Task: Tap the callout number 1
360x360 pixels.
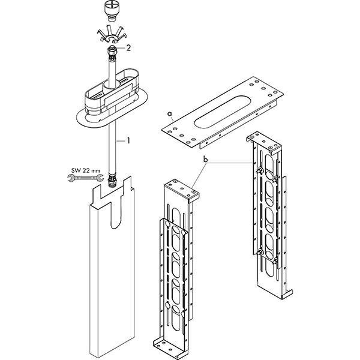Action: [127, 142]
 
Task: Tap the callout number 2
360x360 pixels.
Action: [128, 46]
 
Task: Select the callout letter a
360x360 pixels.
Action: [170, 112]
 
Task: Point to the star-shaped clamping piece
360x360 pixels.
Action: [110, 33]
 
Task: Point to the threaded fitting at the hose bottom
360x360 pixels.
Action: [112, 181]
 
